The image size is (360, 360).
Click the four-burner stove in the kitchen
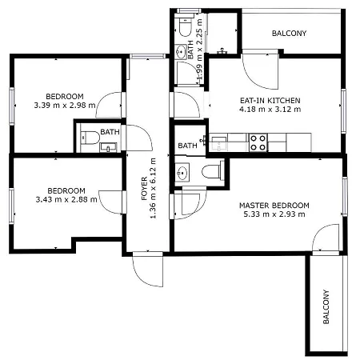coord(258,142)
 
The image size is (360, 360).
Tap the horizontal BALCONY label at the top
coord(290,34)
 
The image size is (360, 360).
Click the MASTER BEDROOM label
coord(274,206)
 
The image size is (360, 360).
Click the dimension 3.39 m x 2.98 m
coord(65,104)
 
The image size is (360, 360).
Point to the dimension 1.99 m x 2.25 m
coord(200,64)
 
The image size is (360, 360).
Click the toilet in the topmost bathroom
coord(183,30)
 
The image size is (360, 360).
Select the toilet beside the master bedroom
coord(212,171)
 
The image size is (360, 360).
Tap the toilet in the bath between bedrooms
coord(87,136)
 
